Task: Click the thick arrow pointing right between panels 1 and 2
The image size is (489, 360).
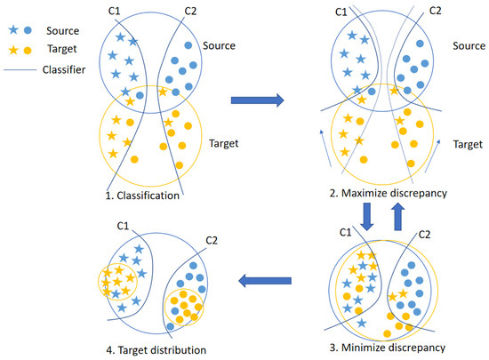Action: [x=257, y=100]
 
